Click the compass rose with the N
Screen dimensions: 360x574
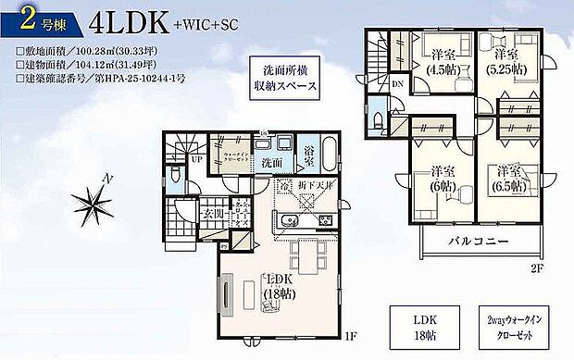104,199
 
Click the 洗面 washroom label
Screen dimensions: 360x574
271,162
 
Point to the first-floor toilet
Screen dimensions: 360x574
177,176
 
